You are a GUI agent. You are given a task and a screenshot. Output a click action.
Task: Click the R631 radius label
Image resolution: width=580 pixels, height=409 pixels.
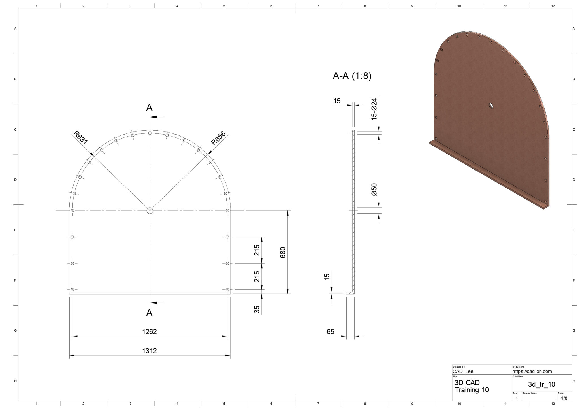[80, 138]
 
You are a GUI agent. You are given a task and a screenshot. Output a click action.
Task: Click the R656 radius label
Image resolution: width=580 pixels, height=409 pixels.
[218, 138]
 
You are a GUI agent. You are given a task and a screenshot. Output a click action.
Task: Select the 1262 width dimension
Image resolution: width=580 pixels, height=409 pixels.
[149, 331]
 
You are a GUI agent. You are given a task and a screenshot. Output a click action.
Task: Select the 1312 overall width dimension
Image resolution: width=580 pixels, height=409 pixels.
[149, 351]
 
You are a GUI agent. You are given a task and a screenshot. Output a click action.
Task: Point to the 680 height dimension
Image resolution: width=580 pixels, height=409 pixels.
[283, 252]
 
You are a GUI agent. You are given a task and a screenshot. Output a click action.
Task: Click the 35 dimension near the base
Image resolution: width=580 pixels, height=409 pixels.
[257, 309]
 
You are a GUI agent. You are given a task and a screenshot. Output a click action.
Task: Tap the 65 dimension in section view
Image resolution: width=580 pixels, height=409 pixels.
[330, 331]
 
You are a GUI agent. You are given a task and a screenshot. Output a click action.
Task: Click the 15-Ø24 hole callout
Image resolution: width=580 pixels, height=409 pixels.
[374, 109]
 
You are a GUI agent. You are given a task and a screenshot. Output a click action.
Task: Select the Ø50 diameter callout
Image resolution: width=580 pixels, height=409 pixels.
[374, 189]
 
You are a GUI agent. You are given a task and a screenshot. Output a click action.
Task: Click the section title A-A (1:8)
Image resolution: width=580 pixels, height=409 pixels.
[352, 76]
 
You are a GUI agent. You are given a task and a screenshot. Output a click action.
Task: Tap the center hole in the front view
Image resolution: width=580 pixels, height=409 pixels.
[150, 210]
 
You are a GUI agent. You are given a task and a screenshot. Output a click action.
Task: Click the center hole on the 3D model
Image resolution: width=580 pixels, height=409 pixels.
[491, 106]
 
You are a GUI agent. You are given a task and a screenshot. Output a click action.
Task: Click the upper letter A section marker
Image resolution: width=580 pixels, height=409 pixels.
[149, 108]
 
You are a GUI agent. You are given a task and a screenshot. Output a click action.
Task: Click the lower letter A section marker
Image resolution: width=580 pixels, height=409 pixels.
[149, 313]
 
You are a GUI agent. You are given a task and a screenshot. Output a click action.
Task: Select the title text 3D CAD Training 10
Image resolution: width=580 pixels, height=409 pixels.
[472, 386]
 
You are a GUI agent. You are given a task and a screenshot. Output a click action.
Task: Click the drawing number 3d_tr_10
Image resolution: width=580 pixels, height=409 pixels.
[541, 384]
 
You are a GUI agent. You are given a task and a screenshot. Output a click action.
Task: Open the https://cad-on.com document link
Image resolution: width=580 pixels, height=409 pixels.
[532, 371]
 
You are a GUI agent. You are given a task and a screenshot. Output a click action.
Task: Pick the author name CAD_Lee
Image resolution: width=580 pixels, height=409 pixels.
[463, 371]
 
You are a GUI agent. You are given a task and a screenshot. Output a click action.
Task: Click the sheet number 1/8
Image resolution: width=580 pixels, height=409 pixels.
[564, 398]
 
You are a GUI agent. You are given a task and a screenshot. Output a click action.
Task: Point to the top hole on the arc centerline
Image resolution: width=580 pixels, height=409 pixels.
[150, 133]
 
